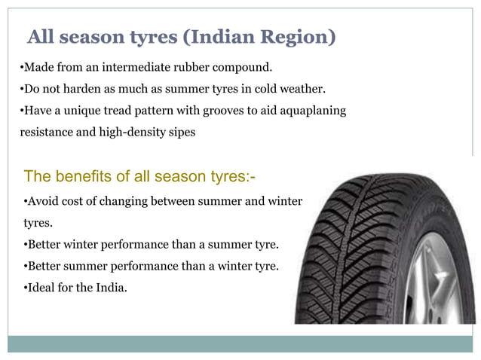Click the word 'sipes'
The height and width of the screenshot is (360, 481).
181,131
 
